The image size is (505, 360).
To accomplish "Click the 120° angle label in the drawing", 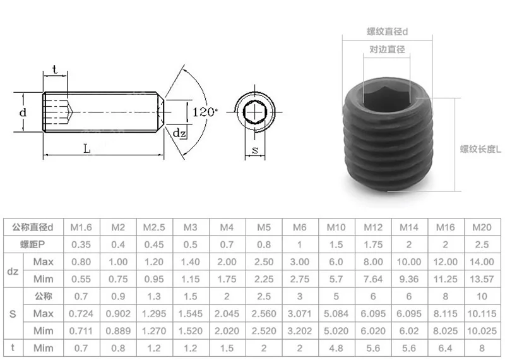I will point(205,112).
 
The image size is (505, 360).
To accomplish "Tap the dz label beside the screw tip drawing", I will point(179,133).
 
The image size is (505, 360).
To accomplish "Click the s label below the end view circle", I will point(254,150).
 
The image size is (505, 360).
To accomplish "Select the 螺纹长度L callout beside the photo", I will point(480,150).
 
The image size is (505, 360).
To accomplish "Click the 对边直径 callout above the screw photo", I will point(386,49).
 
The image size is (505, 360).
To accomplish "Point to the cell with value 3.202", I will point(299,329).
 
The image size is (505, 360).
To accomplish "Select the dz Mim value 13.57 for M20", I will point(482,279).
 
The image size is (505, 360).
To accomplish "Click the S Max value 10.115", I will point(482,313).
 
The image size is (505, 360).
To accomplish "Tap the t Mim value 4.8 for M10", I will point(336,347).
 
